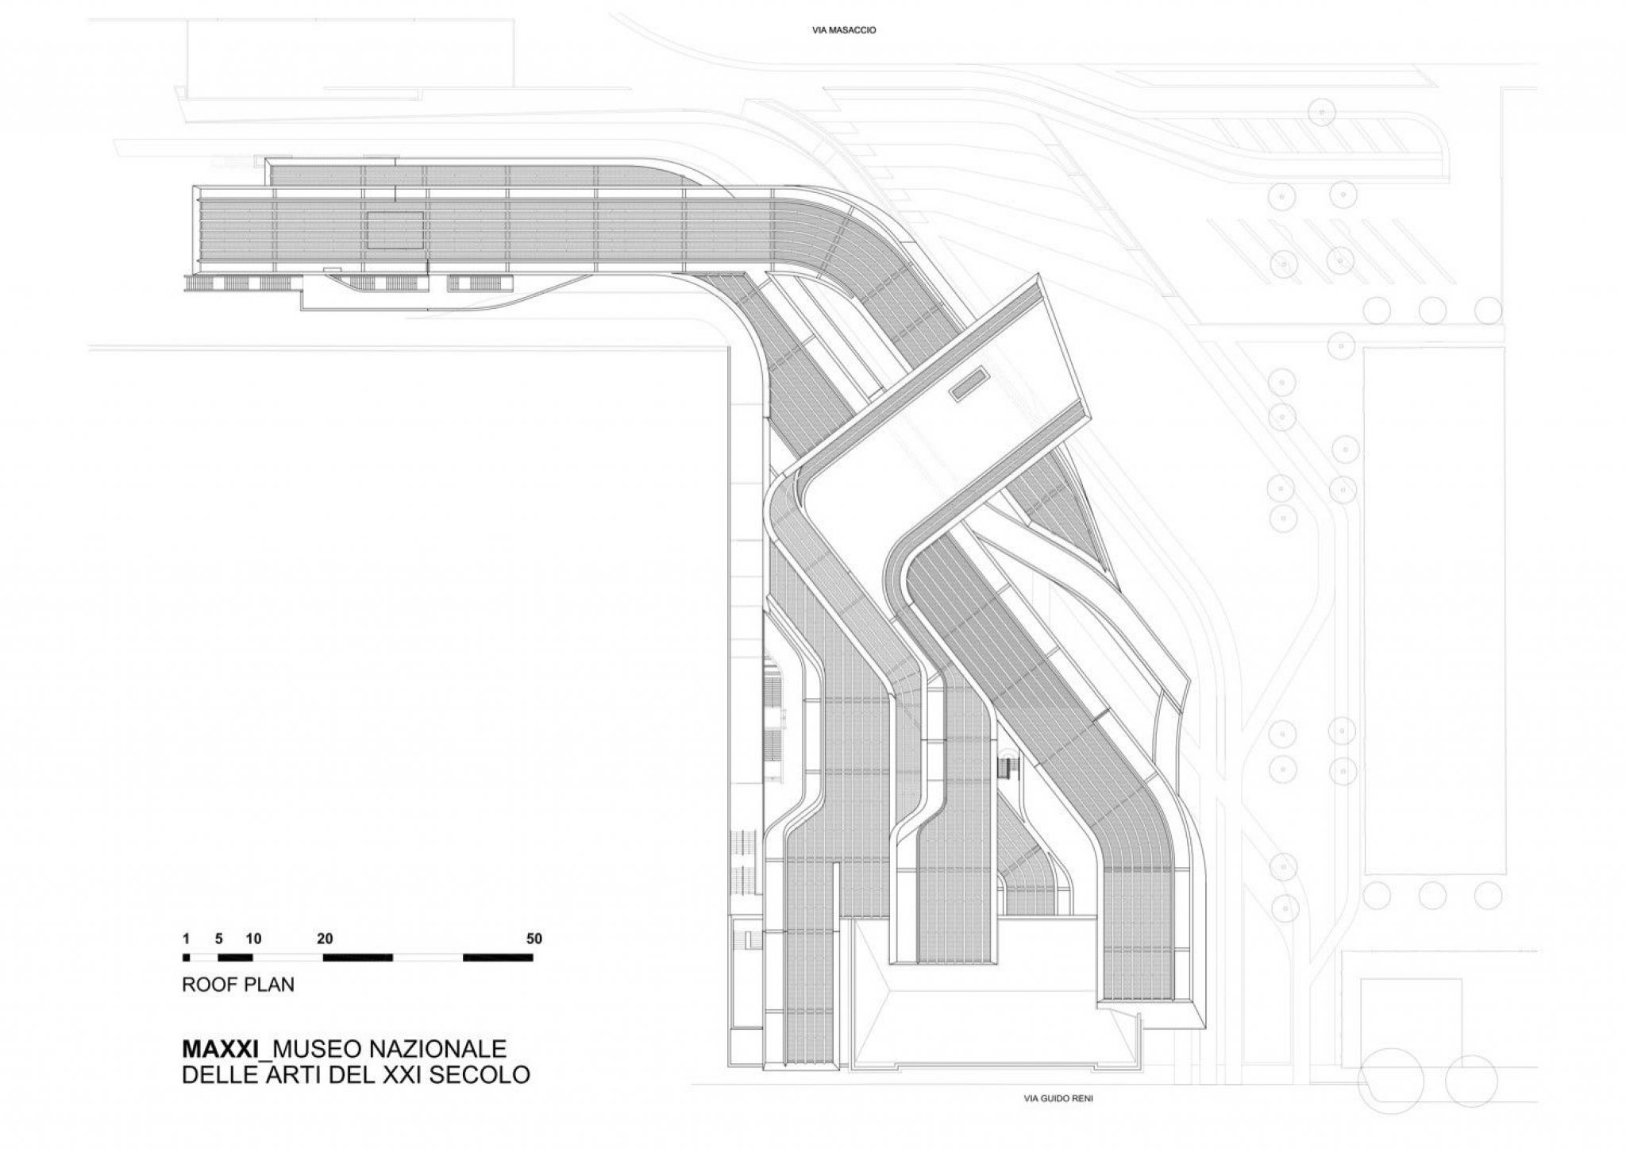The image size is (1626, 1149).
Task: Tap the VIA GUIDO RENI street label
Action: coord(1052,1100)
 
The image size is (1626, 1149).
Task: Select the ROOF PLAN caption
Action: coord(238,985)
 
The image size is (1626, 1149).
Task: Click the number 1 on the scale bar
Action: coord(186,939)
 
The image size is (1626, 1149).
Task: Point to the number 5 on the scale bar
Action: coord(220,939)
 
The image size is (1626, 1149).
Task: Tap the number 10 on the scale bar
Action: coord(254,939)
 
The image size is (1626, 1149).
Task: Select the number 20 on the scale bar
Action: coord(324,939)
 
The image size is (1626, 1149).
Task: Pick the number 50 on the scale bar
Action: coord(534,939)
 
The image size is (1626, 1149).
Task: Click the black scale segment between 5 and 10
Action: coord(235,957)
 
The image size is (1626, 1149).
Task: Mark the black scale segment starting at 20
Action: coord(358,957)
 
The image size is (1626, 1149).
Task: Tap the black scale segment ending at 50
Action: coord(498,957)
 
